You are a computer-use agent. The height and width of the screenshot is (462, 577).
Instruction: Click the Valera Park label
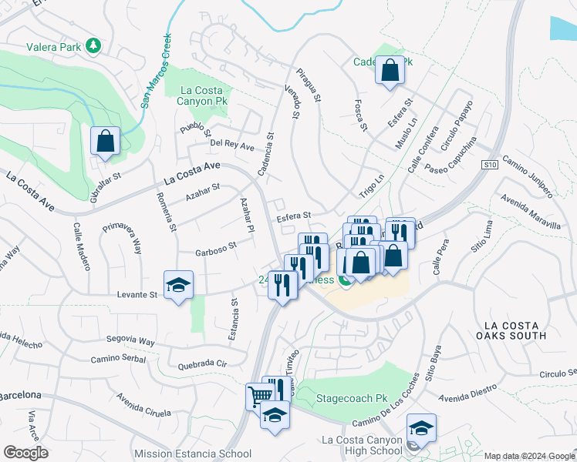click(54, 47)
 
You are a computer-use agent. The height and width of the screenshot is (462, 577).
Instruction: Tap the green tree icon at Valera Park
click(93, 46)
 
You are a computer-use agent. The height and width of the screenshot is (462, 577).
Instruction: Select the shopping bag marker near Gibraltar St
click(105, 142)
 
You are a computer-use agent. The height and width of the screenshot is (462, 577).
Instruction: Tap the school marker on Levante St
click(178, 286)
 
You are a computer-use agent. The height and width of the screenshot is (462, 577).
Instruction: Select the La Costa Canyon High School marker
click(421, 428)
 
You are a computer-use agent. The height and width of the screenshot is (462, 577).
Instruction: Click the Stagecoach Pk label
click(352, 399)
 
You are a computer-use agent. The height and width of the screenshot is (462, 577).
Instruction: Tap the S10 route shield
click(488, 164)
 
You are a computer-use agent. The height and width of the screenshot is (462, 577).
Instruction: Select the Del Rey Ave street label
click(232, 146)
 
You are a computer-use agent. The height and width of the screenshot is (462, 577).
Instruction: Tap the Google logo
click(26, 452)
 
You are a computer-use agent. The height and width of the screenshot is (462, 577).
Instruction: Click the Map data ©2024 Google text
click(529, 456)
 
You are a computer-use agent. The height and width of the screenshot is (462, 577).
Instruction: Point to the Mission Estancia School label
click(192, 454)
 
